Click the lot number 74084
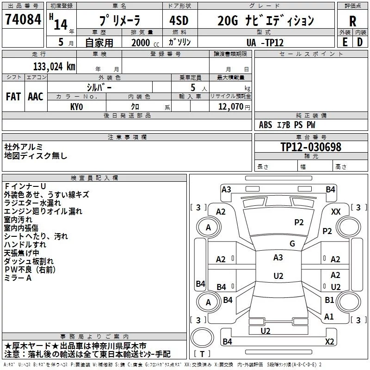[23, 19]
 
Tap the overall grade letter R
[352, 21]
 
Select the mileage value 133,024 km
[54, 67]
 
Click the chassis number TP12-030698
[311, 147]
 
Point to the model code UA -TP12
[265, 43]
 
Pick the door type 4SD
[179, 20]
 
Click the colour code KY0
[76, 107]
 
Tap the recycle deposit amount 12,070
[230, 106]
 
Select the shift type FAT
[13, 97]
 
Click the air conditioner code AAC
[36, 97]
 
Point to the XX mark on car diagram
[336, 212]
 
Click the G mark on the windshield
[292, 243]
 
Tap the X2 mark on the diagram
[329, 341]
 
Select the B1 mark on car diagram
[329, 300]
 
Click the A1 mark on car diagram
[329, 316]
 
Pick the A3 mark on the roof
[278, 258]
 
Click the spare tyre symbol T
[202, 354]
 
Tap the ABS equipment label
[265, 125]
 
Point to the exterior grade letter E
[345, 42]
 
